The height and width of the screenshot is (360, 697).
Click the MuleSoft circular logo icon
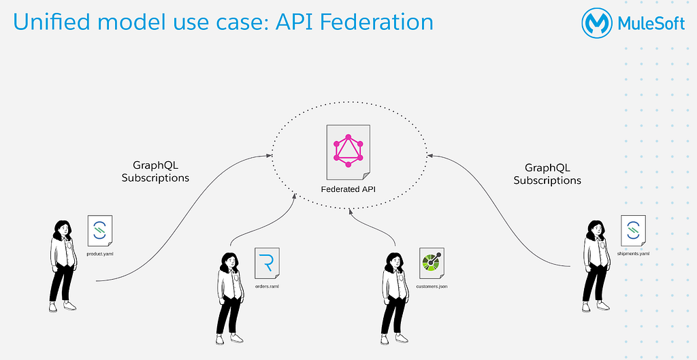(x=597, y=22)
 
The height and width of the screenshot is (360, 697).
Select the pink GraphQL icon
(x=348, y=150)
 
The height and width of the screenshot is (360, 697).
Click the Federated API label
(x=348, y=189)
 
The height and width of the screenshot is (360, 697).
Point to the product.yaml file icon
(x=99, y=230)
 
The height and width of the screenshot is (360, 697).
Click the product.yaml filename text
(x=99, y=254)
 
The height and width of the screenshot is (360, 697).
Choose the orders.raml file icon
(x=267, y=263)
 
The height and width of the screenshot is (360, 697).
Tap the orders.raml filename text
(x=267, y=287)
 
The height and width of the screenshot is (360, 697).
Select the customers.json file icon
(x=432, y=263)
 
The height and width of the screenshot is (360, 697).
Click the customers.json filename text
(x=432, y=287)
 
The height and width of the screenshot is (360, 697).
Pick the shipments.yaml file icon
(x=633, y=230)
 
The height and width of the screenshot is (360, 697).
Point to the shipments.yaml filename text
(x=633, y=254)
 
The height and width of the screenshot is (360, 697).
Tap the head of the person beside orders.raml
(x=229, y=263)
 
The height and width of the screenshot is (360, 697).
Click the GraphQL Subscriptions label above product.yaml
(x=156, y=171)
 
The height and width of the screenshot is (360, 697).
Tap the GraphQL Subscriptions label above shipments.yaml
(x=547, y=174)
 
